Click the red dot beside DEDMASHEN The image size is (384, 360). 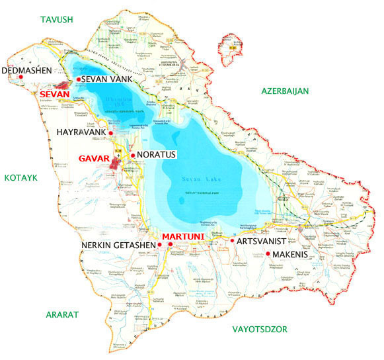[x=22, y=77]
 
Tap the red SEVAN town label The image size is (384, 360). [x=56, y=95]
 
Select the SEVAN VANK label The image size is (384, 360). [x=108, y=79]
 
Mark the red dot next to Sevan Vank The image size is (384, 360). [x=79, y=79]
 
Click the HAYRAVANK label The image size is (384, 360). [x=80, y=133]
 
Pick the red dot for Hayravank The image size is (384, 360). [x=111, y=133]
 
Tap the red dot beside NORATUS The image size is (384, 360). [x=134, y=156]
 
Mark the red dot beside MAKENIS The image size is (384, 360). [x=268, y=254]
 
